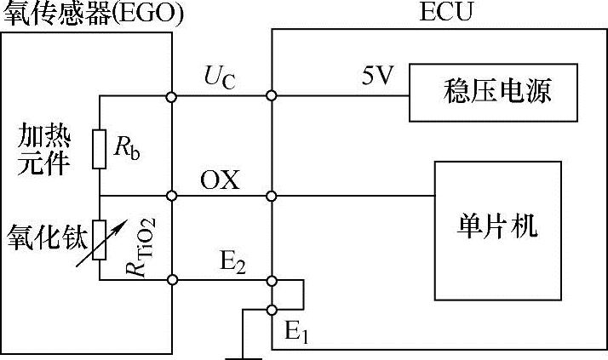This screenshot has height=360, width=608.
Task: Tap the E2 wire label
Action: tap(230, 263)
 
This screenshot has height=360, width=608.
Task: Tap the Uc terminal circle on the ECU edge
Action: tap(272, 96)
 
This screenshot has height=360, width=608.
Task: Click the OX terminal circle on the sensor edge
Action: tap(173, 196)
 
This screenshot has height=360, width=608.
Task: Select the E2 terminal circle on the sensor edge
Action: tap(173, 279)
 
